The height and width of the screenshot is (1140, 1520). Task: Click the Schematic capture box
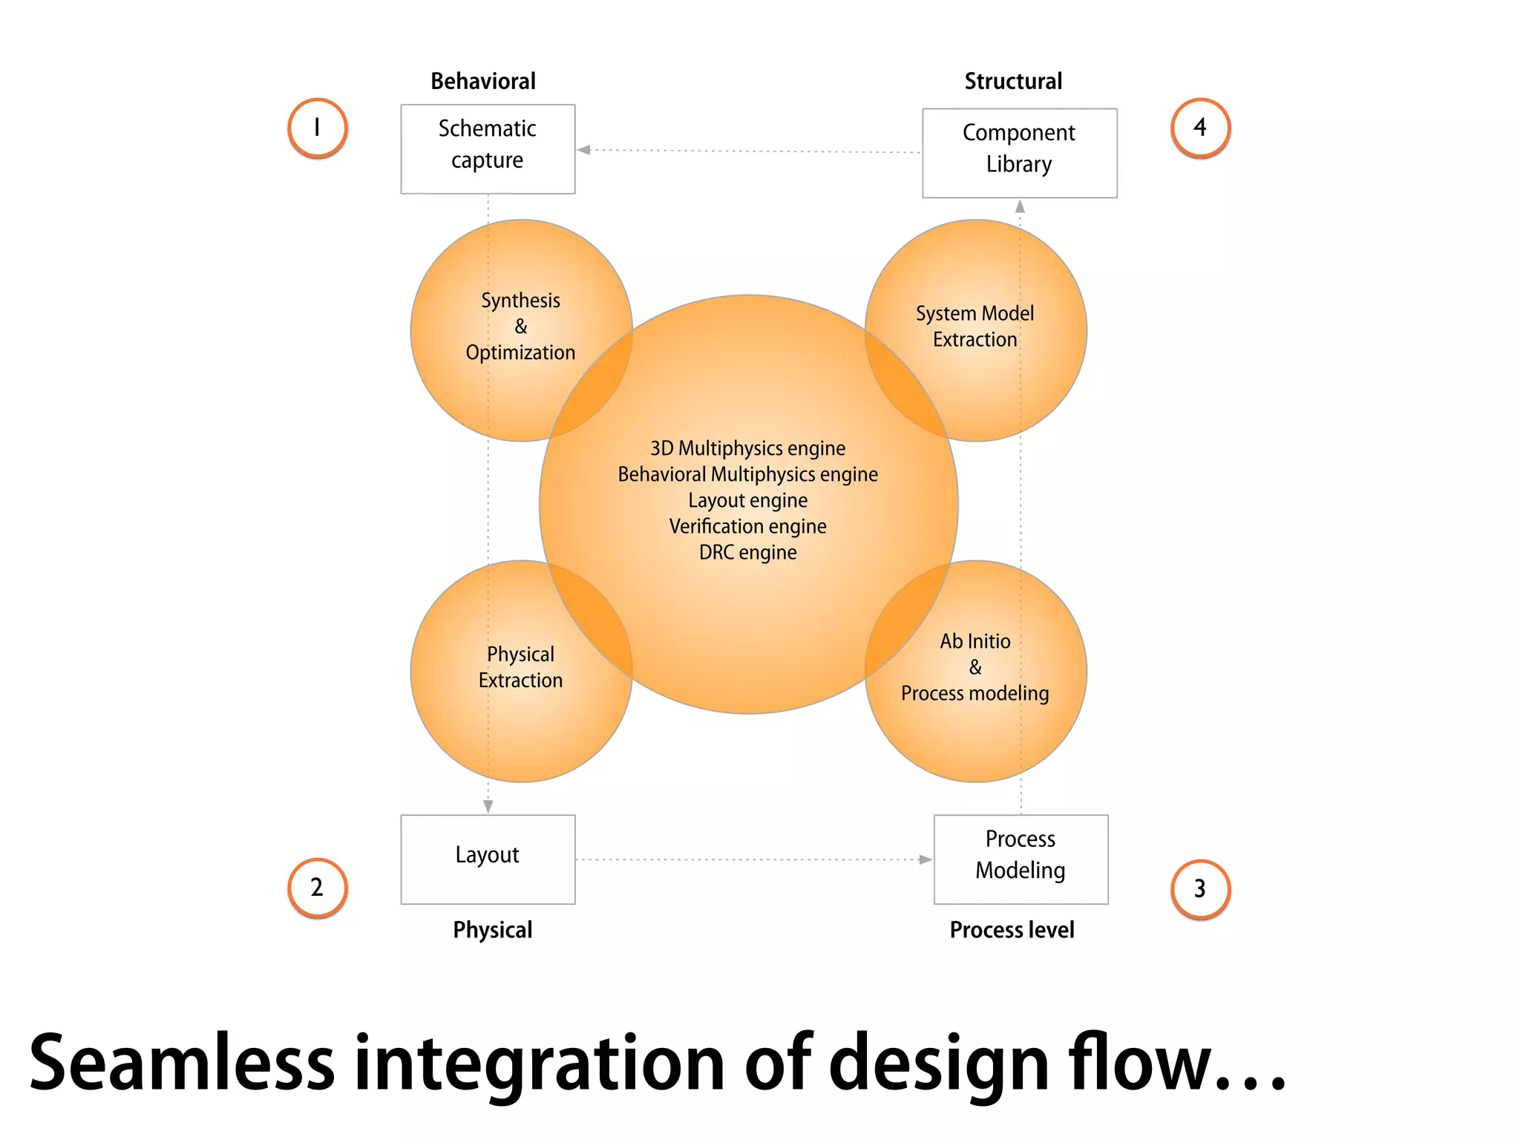point(488,148)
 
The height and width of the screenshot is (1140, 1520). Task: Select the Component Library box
point(1019,153)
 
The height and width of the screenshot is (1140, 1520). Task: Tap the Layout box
point(488,859)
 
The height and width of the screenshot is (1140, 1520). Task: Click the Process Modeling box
point(1021,859)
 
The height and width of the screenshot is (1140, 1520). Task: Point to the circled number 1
point(318,128)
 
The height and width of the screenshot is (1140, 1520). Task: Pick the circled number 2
point(318,888)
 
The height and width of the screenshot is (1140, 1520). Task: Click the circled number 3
point(1200,889)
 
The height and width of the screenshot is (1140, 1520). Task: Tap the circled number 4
point(1200,128)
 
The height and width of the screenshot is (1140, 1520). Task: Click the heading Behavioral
point(483,81)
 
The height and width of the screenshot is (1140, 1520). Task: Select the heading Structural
point(1013,81)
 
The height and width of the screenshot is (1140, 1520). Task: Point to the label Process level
point(1012,930)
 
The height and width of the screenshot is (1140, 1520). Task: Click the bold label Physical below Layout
point(493,930)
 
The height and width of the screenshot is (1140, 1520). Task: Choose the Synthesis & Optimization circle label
point(520,327)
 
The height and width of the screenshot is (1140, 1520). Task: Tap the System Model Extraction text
point(974,327)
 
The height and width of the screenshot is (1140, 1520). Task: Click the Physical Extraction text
point(520,667)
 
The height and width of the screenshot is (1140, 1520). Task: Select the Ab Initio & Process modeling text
point(974,667)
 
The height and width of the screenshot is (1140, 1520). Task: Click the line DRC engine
point(747,552)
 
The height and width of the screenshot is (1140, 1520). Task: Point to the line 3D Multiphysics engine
point(747,448)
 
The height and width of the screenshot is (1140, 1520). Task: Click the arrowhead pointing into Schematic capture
point(584,150)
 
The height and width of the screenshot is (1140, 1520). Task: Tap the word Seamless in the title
point(182,1063)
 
